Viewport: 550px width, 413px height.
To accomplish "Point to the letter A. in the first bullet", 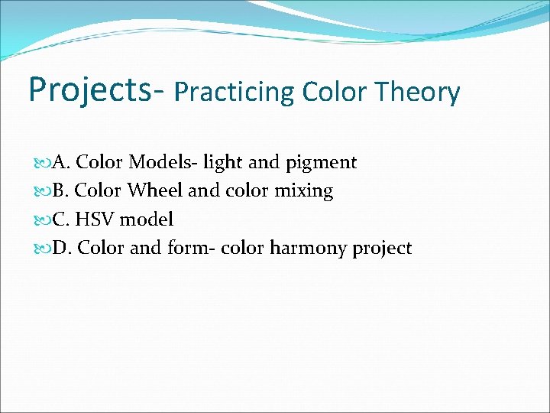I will tap(61, 162).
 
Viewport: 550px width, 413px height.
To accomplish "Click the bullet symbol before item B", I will tap(41, 191).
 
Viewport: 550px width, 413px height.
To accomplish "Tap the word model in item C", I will tap(147, 220).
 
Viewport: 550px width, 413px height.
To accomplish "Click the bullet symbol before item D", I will tap(41, 249).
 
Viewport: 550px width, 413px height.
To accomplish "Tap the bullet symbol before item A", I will tap(41, 163).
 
